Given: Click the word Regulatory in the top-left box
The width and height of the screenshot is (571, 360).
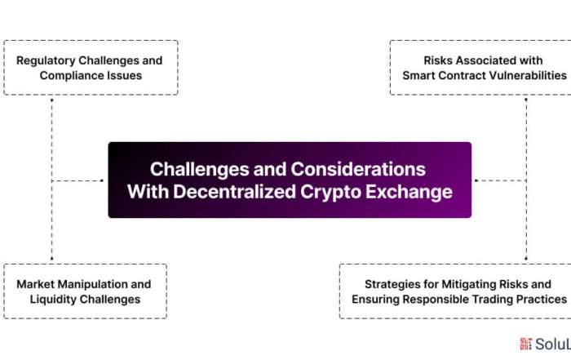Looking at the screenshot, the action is [x=46, y=61].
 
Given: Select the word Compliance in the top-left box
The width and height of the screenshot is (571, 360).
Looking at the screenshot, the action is [x=71, y=76].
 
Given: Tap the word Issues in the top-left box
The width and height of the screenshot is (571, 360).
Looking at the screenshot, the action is [x=123, y=75].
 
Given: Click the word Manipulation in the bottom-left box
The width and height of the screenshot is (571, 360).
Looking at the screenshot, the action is [x=92, y=284].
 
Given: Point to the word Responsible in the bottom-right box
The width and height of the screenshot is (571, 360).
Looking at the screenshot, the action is [x=435, y=300].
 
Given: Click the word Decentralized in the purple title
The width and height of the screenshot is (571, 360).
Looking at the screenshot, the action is [x=235, y=192].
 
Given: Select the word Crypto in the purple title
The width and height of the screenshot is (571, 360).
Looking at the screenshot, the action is [x=330, y=193].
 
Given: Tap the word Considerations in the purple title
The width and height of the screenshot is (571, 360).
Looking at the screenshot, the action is [x=358, y=170].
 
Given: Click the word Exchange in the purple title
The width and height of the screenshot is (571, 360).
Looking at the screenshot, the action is [x=409, y=192].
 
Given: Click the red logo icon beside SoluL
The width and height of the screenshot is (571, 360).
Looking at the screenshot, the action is [x=526, y=344].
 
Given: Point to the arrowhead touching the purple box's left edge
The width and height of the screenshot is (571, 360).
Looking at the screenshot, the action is [x=102, y=180].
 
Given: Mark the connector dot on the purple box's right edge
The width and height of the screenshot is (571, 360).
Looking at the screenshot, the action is [x=476, y=180].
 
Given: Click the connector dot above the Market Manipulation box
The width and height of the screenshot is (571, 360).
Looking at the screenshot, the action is [x=51, y=259].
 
